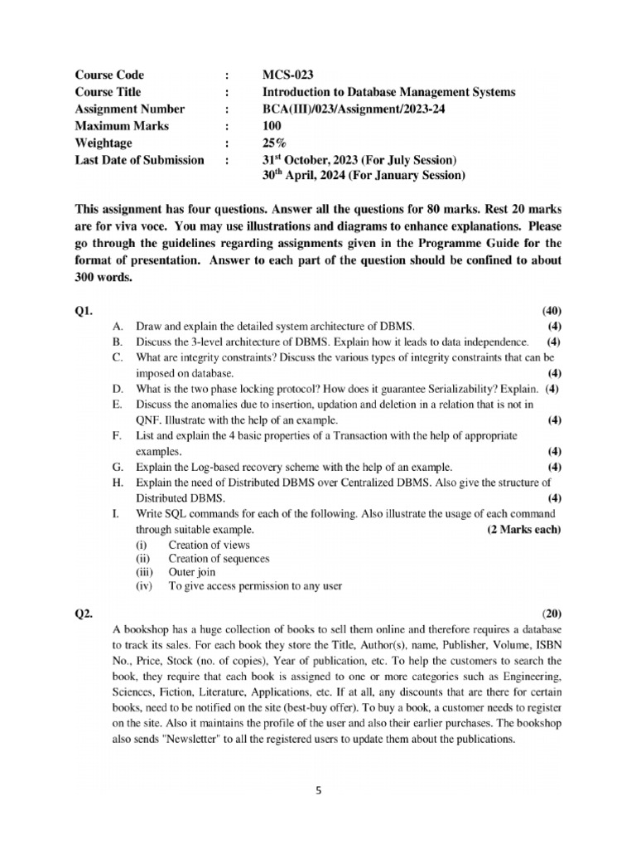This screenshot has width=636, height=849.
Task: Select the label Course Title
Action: point(108,92)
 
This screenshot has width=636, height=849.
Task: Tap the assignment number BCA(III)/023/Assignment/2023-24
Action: point(354,109)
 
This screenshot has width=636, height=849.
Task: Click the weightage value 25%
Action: point(274,143)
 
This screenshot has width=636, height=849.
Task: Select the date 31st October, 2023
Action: point(314,159)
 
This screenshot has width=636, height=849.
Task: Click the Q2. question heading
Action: point(84,614)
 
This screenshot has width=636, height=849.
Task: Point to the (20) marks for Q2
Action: point(552,614)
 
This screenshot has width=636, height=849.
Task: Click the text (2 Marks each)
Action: point(523,530)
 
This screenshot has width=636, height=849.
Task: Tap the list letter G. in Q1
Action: point(117,467)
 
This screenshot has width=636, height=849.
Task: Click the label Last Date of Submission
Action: point(139,159)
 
